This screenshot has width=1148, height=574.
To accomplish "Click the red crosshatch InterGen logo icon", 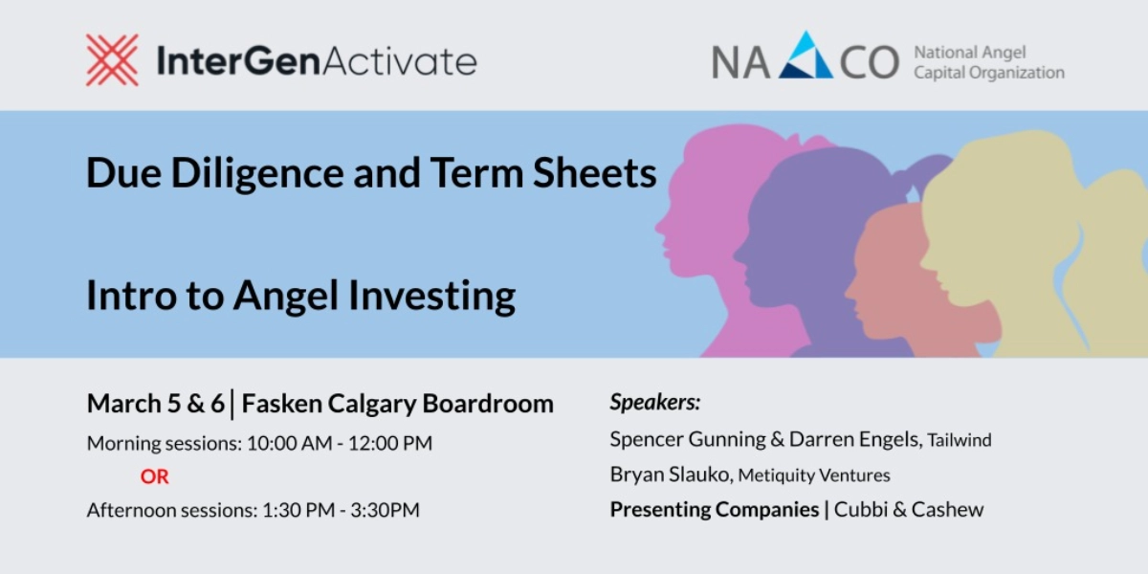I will pyautogui.click(x=112, y=60).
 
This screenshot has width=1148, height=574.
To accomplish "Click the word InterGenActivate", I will pyautogui.click(x=316, y=61).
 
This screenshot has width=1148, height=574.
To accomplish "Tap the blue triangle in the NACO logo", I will pyautogui.click(x=806, y=57).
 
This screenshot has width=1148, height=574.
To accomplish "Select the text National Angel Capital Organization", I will pyautogui.click(x=988, y=62).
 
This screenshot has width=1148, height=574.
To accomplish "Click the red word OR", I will pyautogui.click(x=154, y=476).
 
